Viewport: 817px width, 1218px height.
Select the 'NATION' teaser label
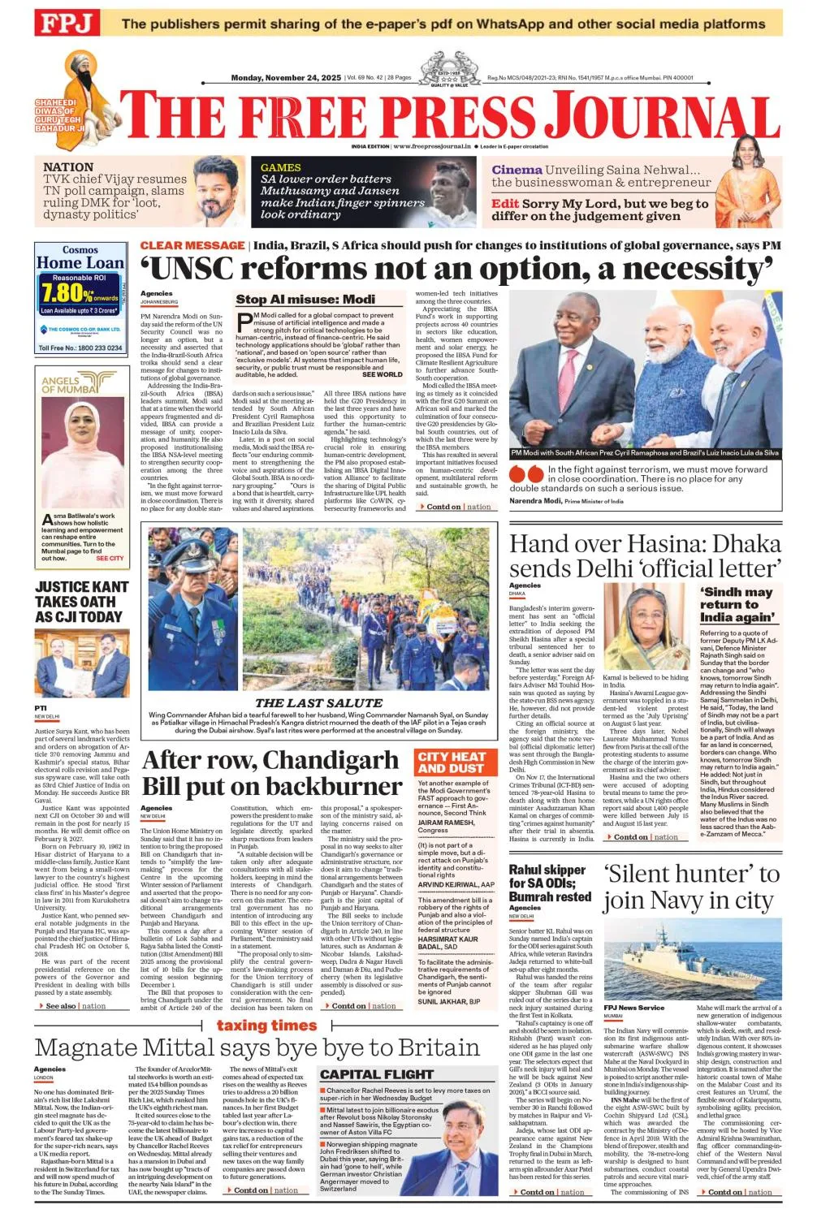[68, 166]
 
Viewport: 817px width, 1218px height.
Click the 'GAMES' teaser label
[280, 167]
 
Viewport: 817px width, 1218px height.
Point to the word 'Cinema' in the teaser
[517, 170]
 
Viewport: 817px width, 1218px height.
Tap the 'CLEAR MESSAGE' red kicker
[192, 245]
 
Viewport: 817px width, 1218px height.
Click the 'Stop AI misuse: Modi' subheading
[305, 299]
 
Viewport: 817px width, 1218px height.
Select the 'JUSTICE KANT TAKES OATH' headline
[81, 602]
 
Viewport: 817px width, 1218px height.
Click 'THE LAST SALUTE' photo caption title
[318, 702]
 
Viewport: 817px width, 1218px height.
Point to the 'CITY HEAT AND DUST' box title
[451, 762]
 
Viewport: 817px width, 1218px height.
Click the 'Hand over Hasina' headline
[645, 555]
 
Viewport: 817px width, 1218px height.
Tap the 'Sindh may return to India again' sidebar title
[737, 604]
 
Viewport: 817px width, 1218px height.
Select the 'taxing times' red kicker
[266, 1026]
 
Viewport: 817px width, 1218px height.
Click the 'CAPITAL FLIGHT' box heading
[376, 1073]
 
